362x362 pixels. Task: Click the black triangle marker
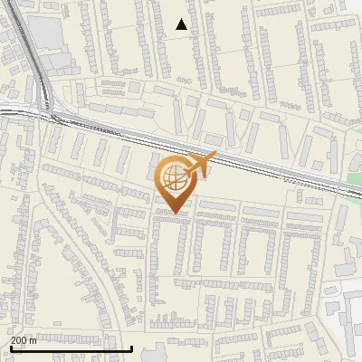(x=182, y=24)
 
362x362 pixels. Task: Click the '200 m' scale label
(x=24, y=340)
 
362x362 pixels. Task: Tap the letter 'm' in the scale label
(x=33, y=340)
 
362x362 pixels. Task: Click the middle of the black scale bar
(x=71, y=348)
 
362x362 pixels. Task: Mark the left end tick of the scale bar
(x=10, y=348)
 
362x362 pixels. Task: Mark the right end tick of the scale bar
(x=132, y=348)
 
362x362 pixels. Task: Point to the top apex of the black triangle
(x=182, y=19)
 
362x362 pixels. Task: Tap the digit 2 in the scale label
(x=14, y=340)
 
